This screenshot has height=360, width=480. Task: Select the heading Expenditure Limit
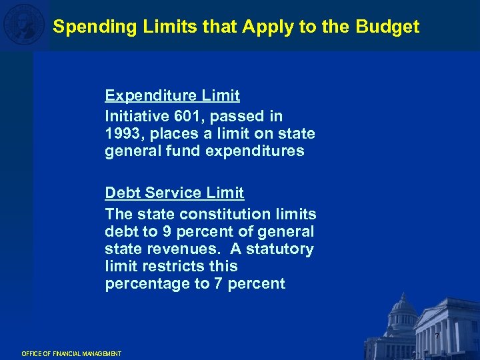(x=172, y=95)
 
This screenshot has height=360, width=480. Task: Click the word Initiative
(x=136, y=116)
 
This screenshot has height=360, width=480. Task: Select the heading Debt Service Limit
(x=174, y=193)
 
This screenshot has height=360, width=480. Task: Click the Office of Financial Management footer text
(x=71, y=353)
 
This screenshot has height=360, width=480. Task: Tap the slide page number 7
(x=437, y=336)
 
